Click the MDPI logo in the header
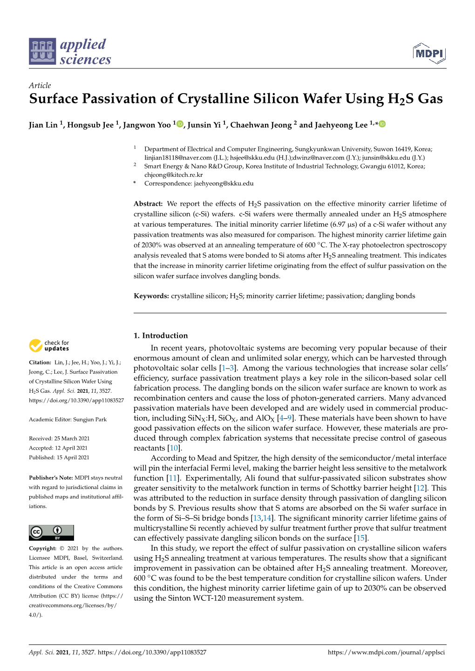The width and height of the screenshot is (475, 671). tap(429, 54)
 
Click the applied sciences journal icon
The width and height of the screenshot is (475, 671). tap(42, 51)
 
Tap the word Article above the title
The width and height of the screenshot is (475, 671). tap(40, 85)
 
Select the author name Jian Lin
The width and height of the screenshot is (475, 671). tap(43, 125)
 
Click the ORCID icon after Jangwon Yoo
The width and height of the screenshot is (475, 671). tap(180, 124)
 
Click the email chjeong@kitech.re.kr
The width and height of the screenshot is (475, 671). tap(173, 175)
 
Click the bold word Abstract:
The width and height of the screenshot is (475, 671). tap(148, 204)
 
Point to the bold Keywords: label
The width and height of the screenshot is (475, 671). tap(151, 296)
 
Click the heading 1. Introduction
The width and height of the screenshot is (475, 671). tap(161, 335)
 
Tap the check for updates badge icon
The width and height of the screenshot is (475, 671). tap(36, 346)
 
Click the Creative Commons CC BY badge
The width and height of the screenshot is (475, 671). tap(51, 532)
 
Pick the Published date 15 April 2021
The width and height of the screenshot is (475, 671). tap(73, 457)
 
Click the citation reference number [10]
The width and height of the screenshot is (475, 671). tap(174, 448)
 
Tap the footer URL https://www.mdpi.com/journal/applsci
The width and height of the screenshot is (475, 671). tap(386, 652)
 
